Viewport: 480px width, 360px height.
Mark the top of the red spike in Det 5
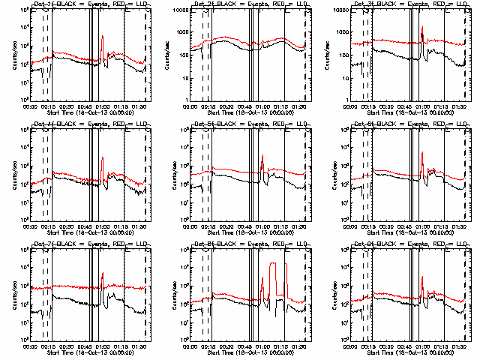262,155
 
